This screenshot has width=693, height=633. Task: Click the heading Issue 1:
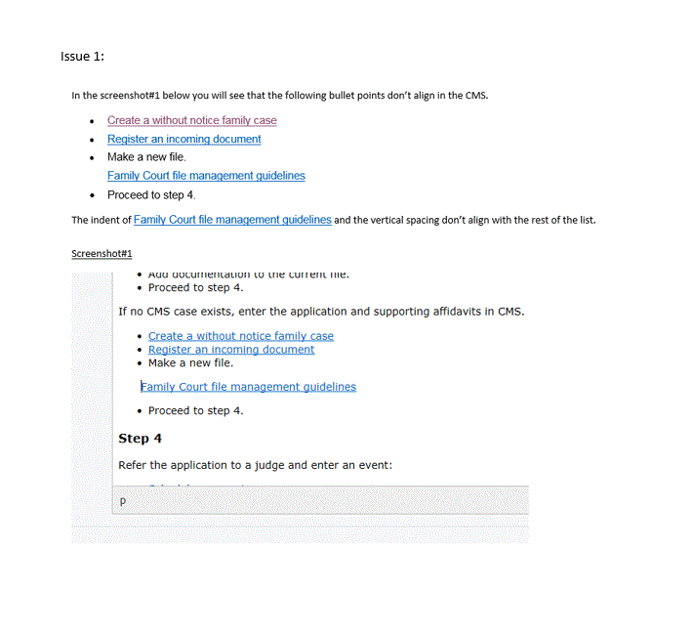(82, 56)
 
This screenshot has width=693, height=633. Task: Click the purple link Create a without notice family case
(191, 120)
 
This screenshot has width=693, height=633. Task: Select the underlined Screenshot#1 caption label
(102, 254)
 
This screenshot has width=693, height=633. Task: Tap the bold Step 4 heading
(140, 439)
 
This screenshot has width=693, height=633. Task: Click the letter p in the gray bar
(122, 500)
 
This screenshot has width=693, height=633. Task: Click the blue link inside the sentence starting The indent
(232, 220)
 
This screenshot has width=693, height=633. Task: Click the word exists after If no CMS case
(220, 312)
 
